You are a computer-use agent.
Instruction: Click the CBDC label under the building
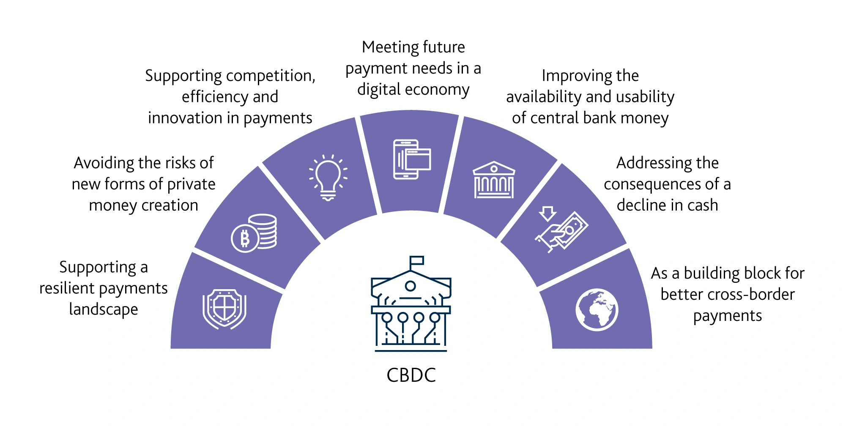tap(411, 375)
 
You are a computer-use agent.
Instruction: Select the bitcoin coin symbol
tap(245, 238)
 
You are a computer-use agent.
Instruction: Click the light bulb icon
tap(328, 178)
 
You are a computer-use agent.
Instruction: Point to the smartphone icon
tap(406, 159)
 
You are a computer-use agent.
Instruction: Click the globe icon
tap(597, 310)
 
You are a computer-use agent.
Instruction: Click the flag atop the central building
tap(416, 260)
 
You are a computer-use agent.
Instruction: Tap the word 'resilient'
tap(67, 288)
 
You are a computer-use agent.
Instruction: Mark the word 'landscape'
tap(104, 309)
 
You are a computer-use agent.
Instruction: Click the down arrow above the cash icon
tap(547, 213)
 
